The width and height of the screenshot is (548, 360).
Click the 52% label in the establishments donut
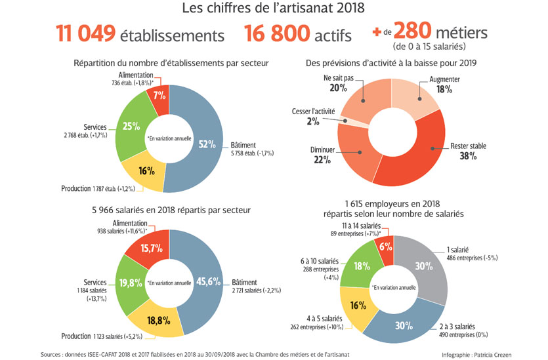click(x=207, y=145)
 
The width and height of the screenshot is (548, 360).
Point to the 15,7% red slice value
click(x=153, y=248)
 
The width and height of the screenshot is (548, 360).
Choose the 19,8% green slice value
click(x=131, y=283)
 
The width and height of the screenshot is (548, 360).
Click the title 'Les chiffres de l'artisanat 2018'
click(x=274, y=9)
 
